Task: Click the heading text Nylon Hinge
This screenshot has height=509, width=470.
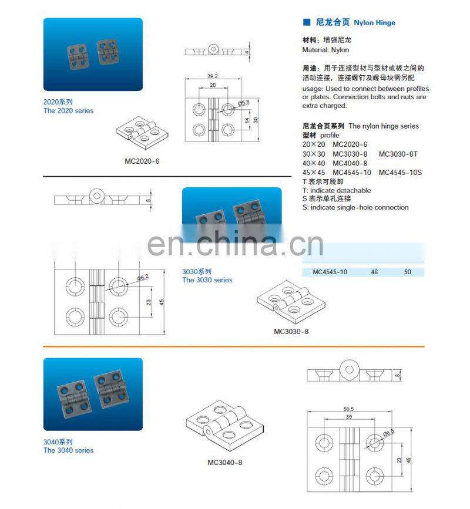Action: (x=374, y=23)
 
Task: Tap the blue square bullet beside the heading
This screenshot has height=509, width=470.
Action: (x=306, y=22)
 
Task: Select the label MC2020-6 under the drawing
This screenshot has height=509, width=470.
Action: (x=142, y=161)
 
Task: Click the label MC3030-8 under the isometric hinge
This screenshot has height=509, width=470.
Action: (x=291, y=331)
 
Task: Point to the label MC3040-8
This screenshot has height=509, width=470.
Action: (x=224, y=462)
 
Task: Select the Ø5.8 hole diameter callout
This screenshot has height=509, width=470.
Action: (x=244, y=103)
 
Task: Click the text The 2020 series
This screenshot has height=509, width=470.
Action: (x=68, y=110)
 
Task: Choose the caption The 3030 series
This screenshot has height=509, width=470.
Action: (x=207, y=280)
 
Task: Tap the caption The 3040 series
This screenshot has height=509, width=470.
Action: (x=68, y=450)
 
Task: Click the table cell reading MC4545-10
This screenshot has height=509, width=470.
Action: (x=330, y=272)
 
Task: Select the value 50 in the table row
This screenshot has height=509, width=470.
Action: (x=408, y=272)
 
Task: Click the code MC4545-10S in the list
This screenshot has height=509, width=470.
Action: (x=400, y=172)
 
